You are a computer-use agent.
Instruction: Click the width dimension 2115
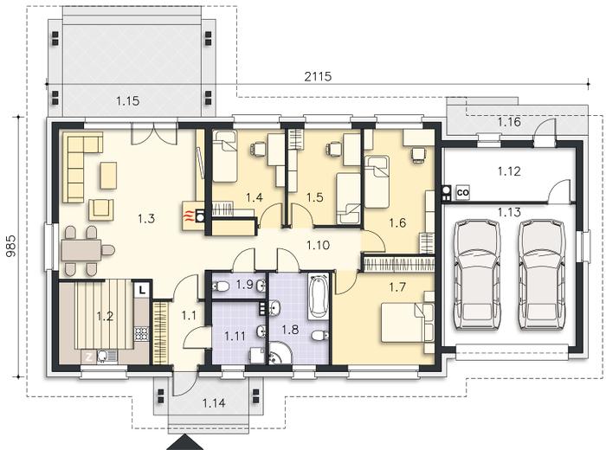coord(318,76)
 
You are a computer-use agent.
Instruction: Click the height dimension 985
coord(11,246)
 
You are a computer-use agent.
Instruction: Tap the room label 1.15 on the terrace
coord(127,101)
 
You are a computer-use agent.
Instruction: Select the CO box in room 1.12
coord(462,192)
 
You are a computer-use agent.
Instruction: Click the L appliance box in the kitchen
coord(142,289)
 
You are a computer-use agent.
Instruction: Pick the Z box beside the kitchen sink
coord(88,357)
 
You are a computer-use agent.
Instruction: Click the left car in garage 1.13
coord(478,274)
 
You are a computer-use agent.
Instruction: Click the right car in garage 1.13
coord(541,274)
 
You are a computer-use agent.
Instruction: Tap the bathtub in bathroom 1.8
coord(318,296)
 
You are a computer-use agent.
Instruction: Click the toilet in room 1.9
coord(220,286)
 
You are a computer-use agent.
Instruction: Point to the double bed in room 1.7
coord(408,323)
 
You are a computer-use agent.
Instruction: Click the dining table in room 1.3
coord(81,250)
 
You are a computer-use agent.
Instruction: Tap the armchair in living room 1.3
coord(101,209)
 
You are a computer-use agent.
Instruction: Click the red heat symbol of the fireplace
coord(188,216)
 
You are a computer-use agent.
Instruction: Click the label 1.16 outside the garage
coord(509,122)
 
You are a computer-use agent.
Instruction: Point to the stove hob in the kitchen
coord(141,333)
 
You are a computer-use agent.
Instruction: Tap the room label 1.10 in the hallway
coord(318,245)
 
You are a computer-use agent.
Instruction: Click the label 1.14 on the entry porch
coord(214,403)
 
